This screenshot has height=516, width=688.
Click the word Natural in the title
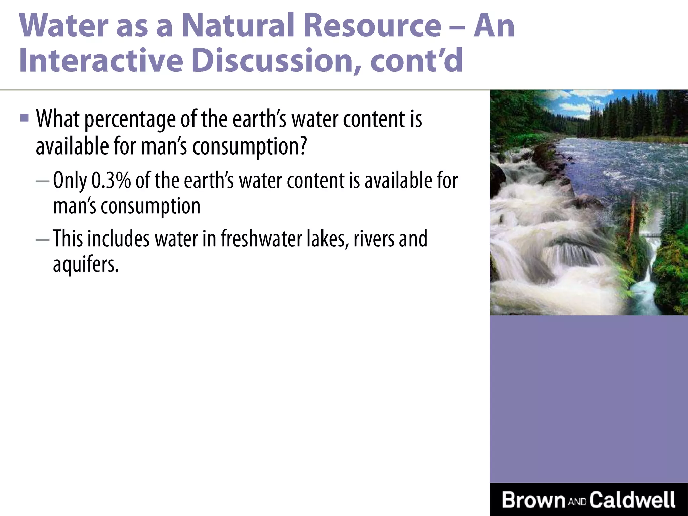point(239,26)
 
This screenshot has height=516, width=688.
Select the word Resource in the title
point(372,26)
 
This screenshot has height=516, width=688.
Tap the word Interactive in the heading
point(101,61)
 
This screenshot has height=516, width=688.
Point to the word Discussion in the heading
point(277,61)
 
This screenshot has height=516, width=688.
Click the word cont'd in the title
point(417,61)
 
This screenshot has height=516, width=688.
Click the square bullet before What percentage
point(24,118)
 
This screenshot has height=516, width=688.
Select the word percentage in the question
point(130,120)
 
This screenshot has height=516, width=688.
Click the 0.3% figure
point(111,181)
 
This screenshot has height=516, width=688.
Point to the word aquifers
point(86,265)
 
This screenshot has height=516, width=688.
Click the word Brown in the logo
point(533,500)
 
